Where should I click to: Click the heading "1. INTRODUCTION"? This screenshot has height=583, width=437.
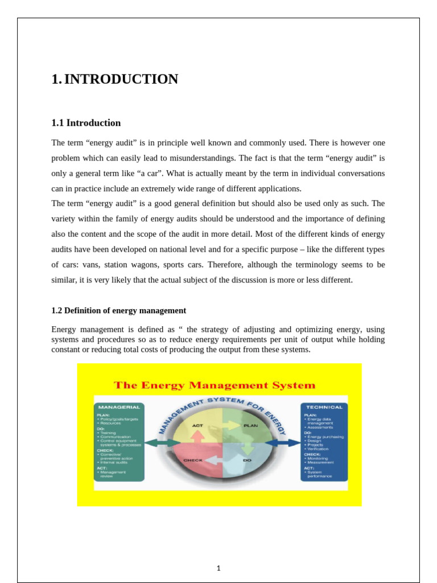[x=114, y=79]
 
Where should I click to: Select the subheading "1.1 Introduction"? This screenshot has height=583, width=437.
[x=86, y=123]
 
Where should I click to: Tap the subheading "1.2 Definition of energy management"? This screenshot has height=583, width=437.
[x=118, y=310]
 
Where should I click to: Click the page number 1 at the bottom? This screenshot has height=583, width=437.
[x=218, y=568]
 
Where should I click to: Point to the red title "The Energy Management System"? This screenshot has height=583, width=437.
[x=215, y=385]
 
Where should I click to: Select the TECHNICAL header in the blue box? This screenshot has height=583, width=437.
[x=324, y=407]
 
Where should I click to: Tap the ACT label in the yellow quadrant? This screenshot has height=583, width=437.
[x=197, y=425]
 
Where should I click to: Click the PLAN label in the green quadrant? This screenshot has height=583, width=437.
[x=250, y=425]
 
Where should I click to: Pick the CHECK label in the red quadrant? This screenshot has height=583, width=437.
[x=193, y=459]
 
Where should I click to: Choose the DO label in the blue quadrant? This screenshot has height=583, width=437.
[x=247, y=459]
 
